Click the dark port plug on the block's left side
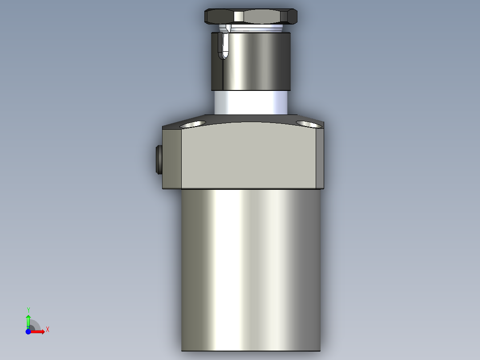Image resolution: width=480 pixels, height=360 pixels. pos(158,160)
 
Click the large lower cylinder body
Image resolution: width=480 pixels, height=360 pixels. pos(250,267)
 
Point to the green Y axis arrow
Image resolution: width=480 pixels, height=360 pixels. pos(28,319)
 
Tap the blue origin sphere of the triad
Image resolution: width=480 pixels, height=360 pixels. pos(28,331)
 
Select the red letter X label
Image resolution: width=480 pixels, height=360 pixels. pos(48,330)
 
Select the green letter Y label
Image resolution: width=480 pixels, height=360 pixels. pos(28,310)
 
